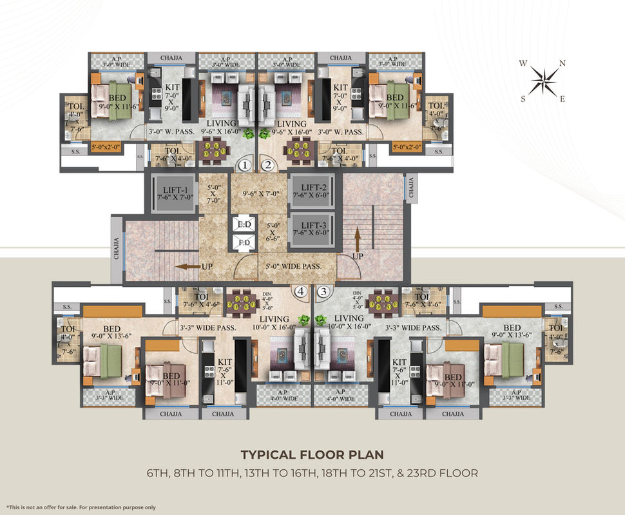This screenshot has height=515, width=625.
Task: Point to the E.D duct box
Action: (x=244, y=224)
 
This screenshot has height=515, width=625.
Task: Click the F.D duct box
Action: (x=244, y=243)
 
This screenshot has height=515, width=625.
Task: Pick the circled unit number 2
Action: (x=269, y=166)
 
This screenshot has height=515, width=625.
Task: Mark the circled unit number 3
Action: (x=323, y=291)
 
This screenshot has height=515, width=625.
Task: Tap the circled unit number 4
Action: (x=300, y=291)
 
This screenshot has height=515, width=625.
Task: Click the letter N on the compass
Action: (x=562, y=63)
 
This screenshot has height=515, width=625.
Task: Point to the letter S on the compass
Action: (x=524, y=99)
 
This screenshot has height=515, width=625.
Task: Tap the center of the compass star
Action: (x=543, y=82)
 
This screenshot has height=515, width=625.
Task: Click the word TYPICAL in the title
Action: (x=269, y=455)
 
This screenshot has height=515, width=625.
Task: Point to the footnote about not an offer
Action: (x=81, y=508)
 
